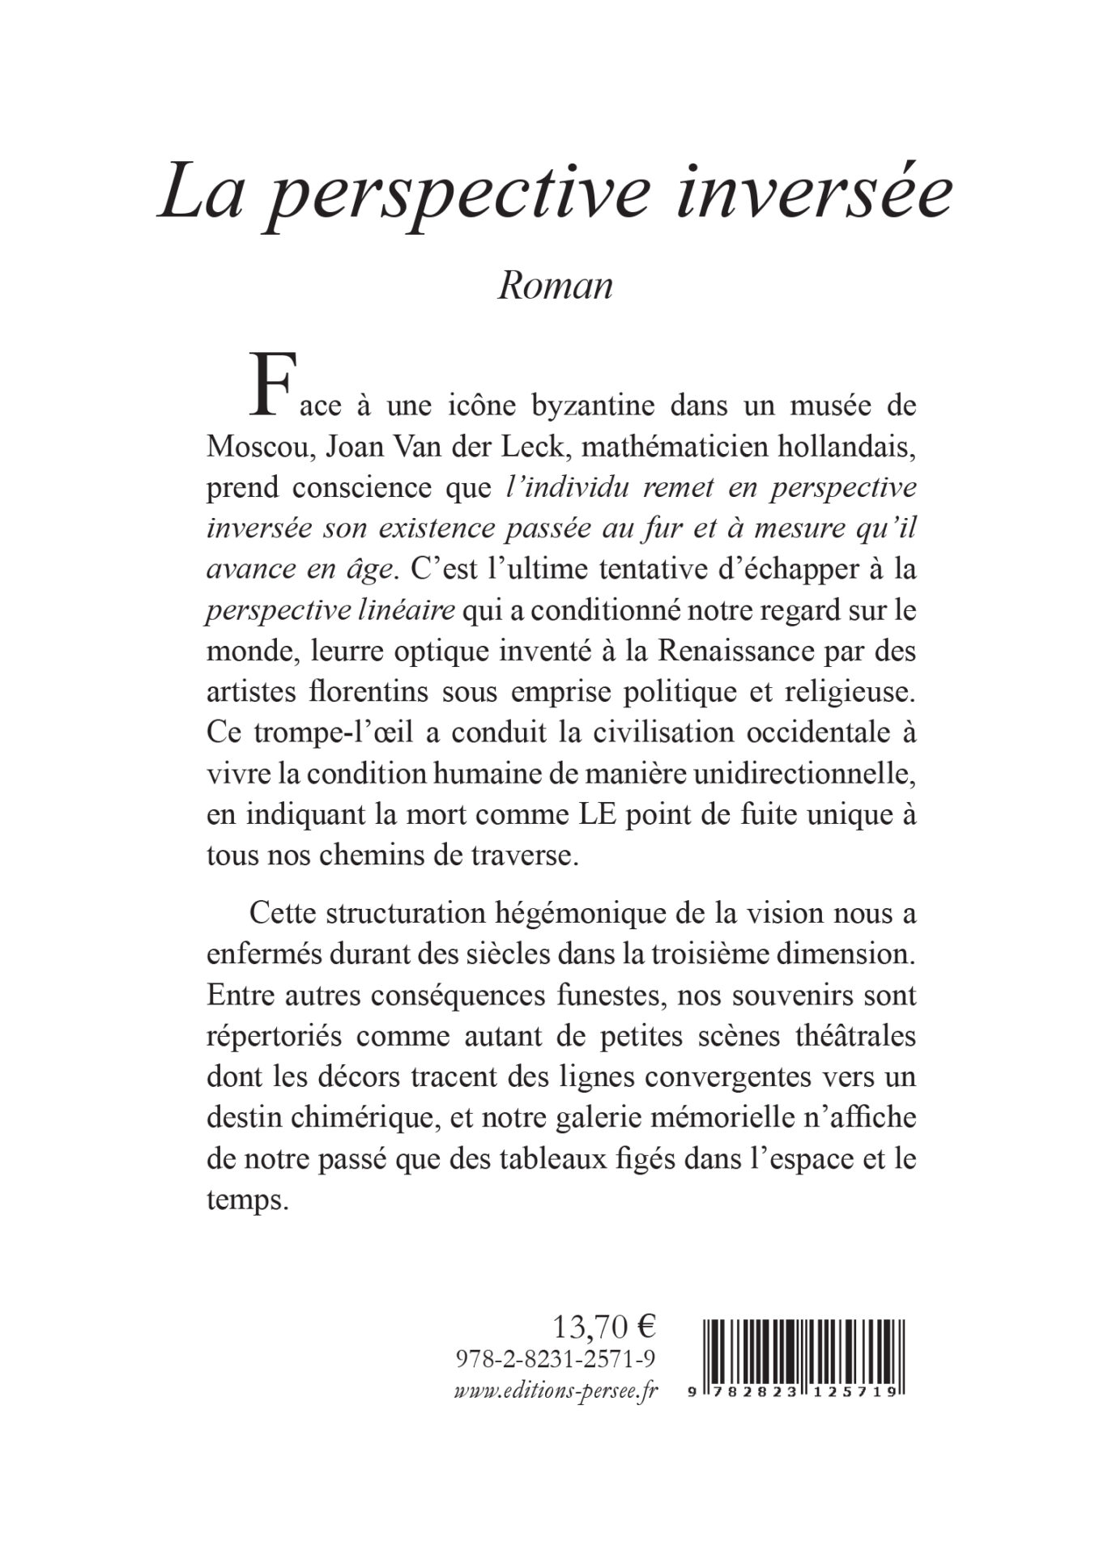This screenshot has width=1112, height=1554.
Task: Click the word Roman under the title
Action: pyautogui.click(x=555, y=286)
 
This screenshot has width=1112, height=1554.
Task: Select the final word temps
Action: pyautogui.click(x=247, y=1199)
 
